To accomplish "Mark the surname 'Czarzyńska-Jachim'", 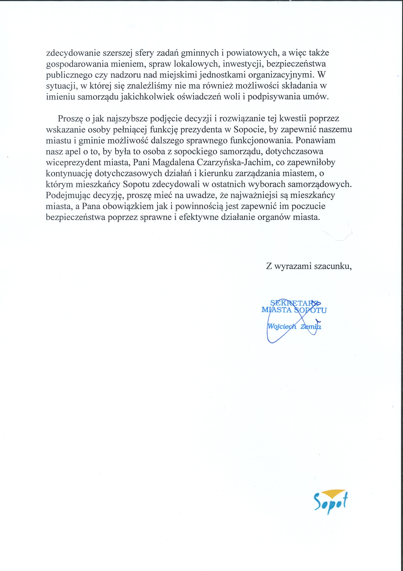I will pyautogui.click(x=234, y=162).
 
